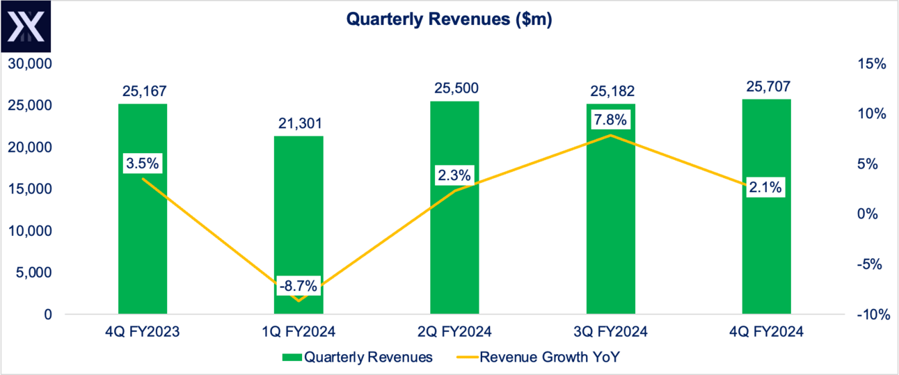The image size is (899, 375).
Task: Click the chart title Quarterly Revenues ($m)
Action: click(449, 21)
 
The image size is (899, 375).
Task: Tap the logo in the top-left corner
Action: click(26, 28)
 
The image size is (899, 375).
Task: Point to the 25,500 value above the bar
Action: click(454, 89)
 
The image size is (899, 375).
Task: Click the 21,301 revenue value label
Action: click(298, 124)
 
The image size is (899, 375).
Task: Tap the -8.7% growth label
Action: click(298, 285)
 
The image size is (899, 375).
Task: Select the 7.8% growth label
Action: click(610, 120)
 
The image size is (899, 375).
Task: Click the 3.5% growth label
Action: click(143, 164)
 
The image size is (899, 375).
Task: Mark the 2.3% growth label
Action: click(454, 174)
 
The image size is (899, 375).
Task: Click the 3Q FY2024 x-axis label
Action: click(610, 332)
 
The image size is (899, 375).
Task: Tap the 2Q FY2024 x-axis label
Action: click(454, 332)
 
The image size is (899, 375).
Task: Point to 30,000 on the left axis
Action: click(30, 64)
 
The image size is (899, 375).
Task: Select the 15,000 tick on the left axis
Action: click(30, 189)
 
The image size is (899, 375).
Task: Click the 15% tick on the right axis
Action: click(872, 64)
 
